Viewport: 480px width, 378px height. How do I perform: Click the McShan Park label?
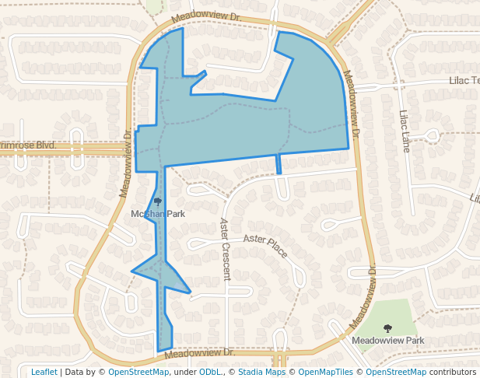[158, 214]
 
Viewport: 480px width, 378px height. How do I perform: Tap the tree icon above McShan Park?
[157, 201]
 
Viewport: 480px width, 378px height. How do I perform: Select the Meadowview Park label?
[387, 341]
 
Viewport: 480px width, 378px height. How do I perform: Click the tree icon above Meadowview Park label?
[387, 328]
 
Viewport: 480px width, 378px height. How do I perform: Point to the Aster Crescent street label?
[225, 249]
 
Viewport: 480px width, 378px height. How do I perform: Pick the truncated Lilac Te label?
[464, 81]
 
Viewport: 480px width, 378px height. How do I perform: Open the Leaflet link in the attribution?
[44, 373]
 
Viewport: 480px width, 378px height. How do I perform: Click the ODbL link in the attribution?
[209, 373]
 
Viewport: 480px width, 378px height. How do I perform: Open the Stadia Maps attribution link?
[261, 373]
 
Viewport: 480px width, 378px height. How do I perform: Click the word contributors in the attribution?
[453, 373]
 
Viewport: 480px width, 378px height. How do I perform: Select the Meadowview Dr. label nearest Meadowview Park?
[363, 296]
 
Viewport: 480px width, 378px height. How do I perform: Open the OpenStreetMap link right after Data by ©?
[138, 373]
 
